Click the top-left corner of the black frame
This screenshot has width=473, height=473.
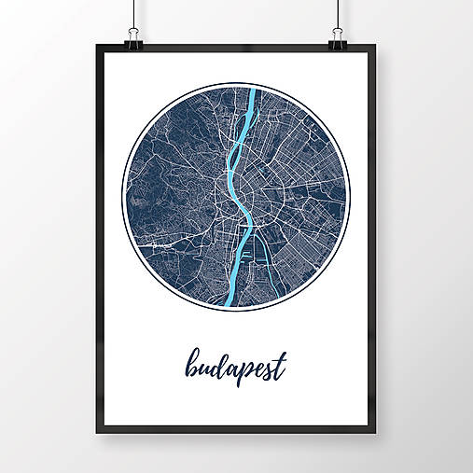tap(95, 47)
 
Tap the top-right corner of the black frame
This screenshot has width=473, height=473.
tap(378, 47)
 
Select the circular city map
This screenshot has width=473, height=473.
tap(235, 197)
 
